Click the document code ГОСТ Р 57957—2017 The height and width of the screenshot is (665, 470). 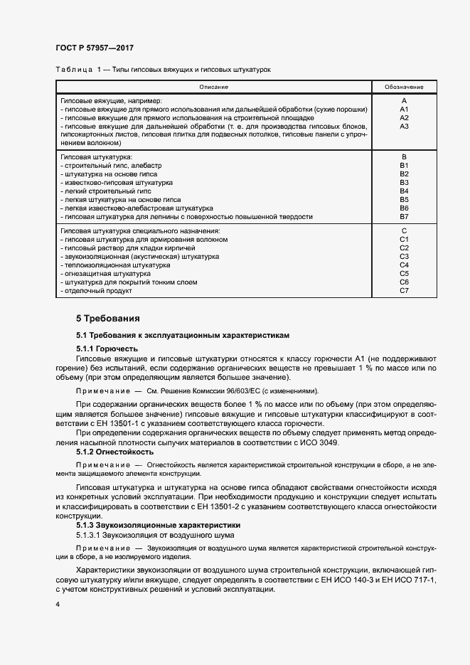click(95, 48)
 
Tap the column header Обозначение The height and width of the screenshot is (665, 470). click(404, 87)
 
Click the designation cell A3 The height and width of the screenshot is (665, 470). click(404, 126)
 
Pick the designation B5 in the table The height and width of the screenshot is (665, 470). click(404, 200)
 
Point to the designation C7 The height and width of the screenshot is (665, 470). click(404, 290)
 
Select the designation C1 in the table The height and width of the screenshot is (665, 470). click(404, 239)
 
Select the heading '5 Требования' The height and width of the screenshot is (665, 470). click(108, 318)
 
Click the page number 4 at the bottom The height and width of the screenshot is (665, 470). click(58, 604)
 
